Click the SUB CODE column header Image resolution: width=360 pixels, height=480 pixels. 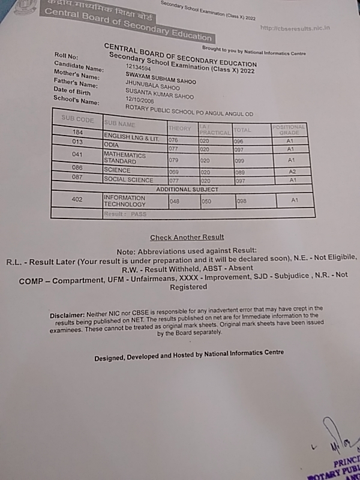tap(78, 119)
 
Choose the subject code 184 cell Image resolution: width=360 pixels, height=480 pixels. tap(78, 133)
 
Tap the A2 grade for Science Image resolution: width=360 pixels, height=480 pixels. tap(291, 172)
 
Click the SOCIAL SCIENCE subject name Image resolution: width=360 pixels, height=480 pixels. tap(128, 180)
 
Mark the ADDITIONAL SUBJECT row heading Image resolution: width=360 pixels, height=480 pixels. tap(187, 190)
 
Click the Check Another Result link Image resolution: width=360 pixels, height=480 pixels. tap(187, 238)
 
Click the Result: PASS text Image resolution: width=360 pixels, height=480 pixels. tap(125, 214)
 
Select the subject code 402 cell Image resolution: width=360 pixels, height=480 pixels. tap(77, 199)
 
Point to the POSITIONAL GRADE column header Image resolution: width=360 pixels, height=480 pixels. tap(289, 130)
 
